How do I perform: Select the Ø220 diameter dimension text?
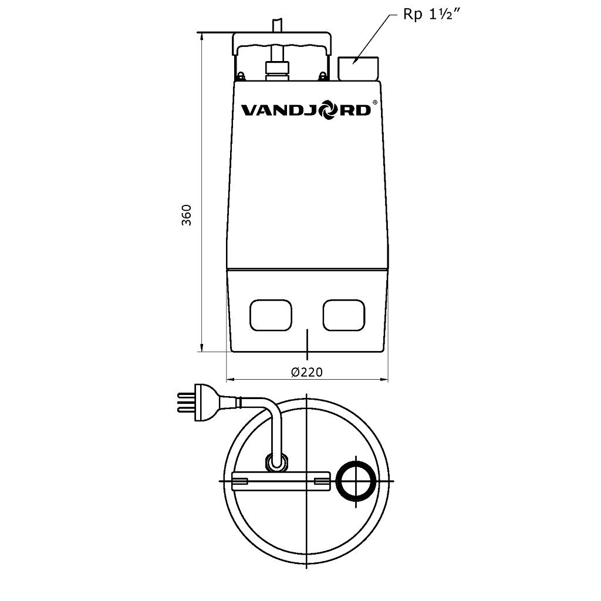click(x=307, y=372)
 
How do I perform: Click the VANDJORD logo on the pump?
click(x=306, y=110)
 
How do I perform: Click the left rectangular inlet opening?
click(x=271, y=315)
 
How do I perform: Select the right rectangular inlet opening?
click(x=344, y=315)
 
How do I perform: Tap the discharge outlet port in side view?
click(x=357, y=67)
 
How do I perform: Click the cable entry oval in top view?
click(x=275, y=462)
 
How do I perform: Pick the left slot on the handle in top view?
click(x=241, y=481)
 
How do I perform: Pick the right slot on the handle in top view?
click(x=322, y=481)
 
